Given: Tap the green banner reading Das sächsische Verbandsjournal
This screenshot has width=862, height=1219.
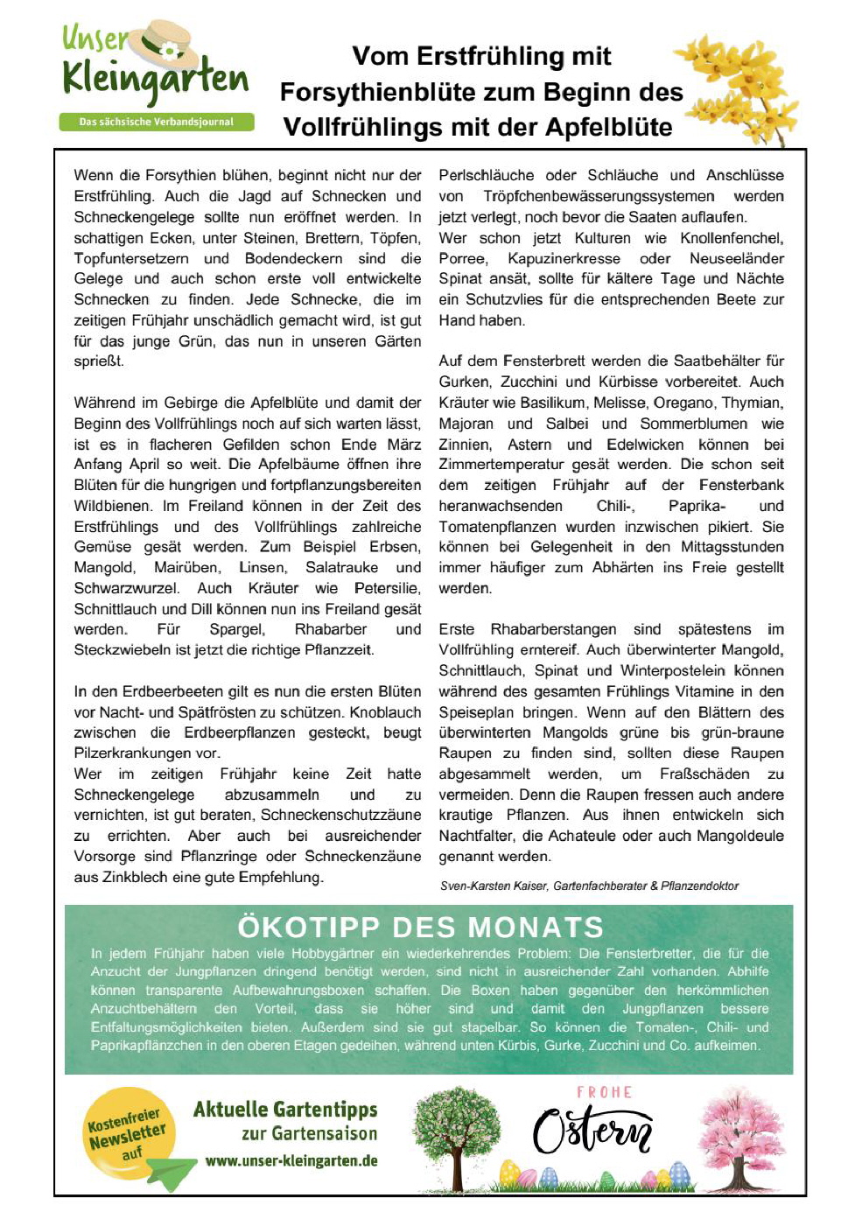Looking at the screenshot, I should [x=156, y=123].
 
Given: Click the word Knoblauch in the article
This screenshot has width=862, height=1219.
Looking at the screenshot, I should [x=385, y=712].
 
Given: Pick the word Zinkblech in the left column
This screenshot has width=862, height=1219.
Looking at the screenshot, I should [x=107, y=877].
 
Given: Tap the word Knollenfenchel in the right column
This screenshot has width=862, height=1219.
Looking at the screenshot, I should [x=735, y=238].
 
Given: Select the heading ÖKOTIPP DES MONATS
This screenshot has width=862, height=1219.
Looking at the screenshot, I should [x=420, y=927].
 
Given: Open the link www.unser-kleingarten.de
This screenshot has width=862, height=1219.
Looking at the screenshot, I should [x=291, y=1161].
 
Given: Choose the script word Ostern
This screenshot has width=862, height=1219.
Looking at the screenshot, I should [x=592, y=1131].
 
